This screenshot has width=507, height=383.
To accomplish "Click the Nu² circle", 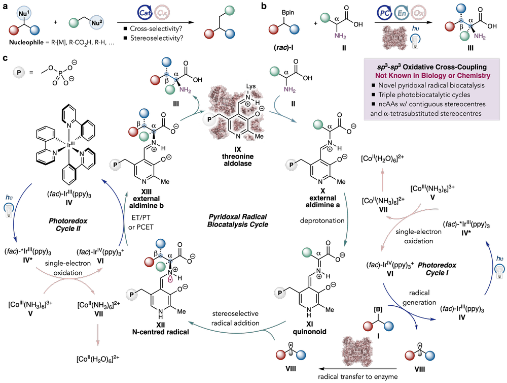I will coord(96,23).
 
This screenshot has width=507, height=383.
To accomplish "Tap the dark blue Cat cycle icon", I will coord(145,12).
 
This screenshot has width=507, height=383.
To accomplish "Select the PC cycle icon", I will coord(384,12).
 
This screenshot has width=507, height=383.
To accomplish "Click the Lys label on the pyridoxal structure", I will coord(251,86).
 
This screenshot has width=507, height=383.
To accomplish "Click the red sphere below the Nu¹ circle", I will coord(14,30).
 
